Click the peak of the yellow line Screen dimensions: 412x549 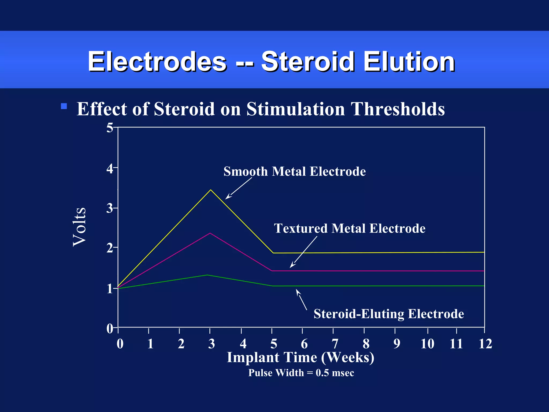(x=211, y=190)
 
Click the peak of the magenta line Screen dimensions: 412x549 (x=210, y=233)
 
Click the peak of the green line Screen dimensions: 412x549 (x=207, y=275)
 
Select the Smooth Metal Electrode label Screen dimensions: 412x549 (x=294, y=171)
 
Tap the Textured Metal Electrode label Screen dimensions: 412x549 (x=349, y=229)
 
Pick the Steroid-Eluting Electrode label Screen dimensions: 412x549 (x=388, y=314)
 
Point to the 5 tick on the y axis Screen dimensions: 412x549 (x=110, y=128)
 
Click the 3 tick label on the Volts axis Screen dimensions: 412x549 (x=110, y=208)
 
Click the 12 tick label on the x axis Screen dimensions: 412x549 (x=485, y=344)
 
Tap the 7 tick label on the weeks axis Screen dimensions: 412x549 (x=335, y=344)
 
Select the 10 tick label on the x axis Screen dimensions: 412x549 (x=427, y=344)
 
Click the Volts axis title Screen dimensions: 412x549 (x=80, y=227)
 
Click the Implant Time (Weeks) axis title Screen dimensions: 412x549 (x=300, y=358)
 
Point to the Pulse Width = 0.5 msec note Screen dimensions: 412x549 (x=301, y=373)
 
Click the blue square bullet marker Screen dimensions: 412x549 (x=64, y=106)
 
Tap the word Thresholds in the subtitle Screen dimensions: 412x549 (x=398, y=109)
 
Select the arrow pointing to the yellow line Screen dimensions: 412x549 (x=238, y=189)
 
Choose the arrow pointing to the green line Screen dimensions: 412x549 (x=301, y=299)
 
